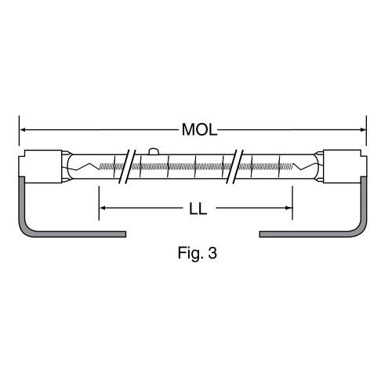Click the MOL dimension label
pos(199,129)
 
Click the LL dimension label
pos(198,209)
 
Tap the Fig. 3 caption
pos(198,253)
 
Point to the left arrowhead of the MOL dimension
pos(23,129)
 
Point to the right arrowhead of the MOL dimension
pos(363,129)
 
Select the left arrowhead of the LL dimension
pos(103,208)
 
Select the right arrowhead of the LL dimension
pos(289,208)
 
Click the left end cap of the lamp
pos(41,166)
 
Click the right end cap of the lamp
pos(345,166)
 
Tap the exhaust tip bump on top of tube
pos(154,151)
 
